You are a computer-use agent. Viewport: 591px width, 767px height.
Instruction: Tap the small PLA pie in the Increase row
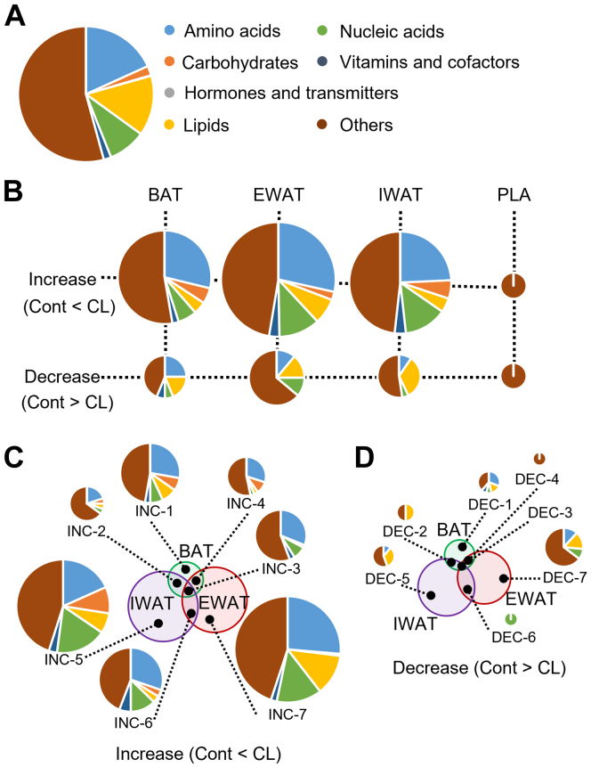click(x=514, y=285)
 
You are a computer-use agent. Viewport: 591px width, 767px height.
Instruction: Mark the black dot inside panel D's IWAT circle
click(x=430, y=595)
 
